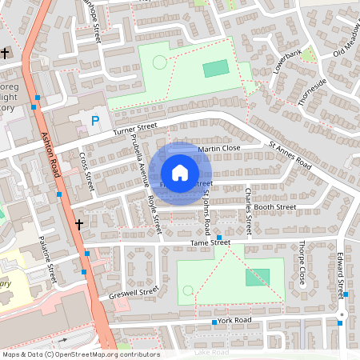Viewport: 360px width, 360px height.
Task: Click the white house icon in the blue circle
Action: [x=180, y=172]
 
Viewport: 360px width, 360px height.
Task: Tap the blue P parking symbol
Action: [x=96, y=122]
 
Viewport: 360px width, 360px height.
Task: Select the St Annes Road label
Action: [x=290, y=155]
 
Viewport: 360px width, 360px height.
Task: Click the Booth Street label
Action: [x=275, y=207]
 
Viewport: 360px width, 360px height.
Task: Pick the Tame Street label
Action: [x=210, y=242]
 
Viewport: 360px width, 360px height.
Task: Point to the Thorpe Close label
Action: [x=302, y=262]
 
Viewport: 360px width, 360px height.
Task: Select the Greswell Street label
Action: [x=129, y=295]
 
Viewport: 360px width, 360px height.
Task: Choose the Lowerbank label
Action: [x=286, y=62]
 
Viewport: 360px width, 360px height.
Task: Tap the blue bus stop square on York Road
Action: [x=214, y=322]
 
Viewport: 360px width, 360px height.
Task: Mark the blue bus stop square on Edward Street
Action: [x=346, y=294]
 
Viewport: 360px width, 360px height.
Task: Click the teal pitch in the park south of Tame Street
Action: [x=258, y=277]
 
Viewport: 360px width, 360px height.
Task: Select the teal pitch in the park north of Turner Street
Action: [x=215, y=69]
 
